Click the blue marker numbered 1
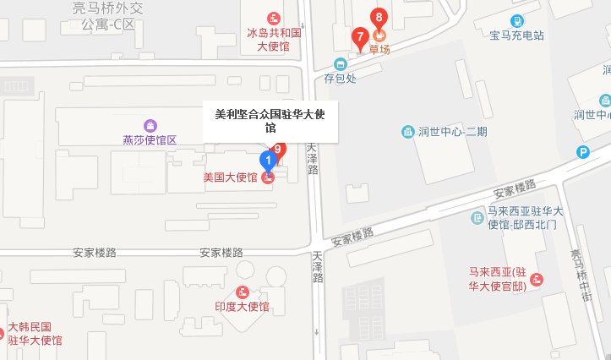click(268, 159)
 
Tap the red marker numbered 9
click(279, 150)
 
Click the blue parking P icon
click(583, 152)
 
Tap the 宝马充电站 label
click(516, 35)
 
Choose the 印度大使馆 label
click(241, 307)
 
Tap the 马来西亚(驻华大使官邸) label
click(498, 279)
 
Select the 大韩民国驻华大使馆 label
click(35, 334)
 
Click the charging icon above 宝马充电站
click(517, 20)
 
